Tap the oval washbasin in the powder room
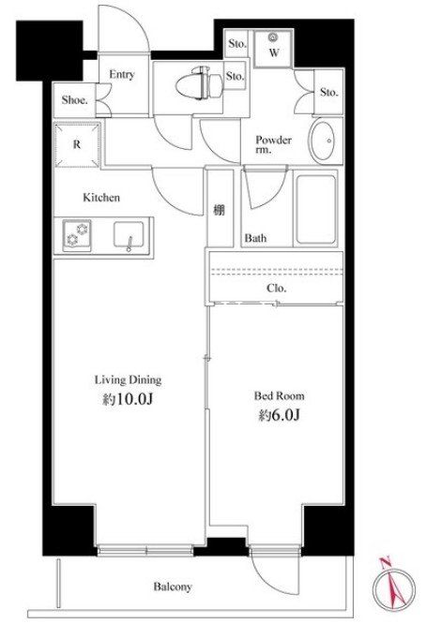click(323, 141)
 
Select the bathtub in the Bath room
click(315, 209)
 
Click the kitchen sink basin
click(129, 235)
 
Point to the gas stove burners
click(77, 234)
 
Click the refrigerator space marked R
click(77, 144)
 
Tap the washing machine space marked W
click(273, 48)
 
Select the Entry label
click(122, 74)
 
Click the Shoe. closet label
click(74, 100)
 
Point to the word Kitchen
click(101, 198)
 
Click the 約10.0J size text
click(128, 399)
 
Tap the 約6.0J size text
click(279, 415)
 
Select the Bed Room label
click(279, 396)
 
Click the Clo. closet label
click(277, 288)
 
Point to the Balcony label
click(173, 587)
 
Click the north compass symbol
click(393, 587)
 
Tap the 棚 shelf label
click(219, 210)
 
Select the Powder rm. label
click(273, 144)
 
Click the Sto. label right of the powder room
click(329, 93)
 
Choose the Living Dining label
click(128, 380)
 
